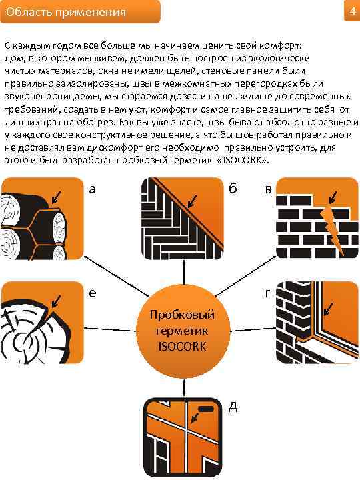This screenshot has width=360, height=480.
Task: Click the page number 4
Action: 353,11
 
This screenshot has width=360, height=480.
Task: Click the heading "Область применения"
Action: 66,12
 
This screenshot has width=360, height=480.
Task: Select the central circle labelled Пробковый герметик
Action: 183,331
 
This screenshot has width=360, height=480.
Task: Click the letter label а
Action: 92,189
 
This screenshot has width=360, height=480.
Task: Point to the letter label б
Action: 233,188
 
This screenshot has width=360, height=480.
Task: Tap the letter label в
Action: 269,189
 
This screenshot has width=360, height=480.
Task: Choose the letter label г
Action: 268,293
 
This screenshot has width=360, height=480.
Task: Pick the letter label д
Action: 233,407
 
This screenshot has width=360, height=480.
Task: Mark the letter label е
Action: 92,293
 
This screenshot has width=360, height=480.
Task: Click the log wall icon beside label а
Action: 41,219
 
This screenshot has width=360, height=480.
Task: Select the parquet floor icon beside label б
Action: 183,219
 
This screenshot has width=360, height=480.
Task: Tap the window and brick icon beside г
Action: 317,322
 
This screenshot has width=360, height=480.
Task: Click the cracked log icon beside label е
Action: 41,322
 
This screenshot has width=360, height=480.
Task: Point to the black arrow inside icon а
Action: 56,197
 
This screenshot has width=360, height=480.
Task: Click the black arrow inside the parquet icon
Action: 192,202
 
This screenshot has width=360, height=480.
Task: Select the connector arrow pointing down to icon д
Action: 183,387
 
